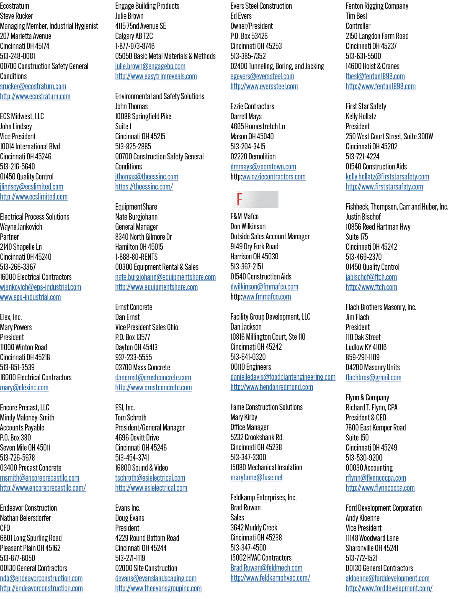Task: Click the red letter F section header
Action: tap(240, 199)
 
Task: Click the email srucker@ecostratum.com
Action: tap(33, 86)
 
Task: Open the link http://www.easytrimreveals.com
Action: tap(156, 76)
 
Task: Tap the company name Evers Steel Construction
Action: tap(261, 6)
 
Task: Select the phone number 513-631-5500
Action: tap(363, 56)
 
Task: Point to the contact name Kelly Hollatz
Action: tap(361, 116)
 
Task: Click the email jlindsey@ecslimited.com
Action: tap(31, 187)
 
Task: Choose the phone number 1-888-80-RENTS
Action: tap(137, 257)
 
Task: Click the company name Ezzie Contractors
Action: tap(252, 106)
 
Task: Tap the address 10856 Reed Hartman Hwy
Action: tap(378, 227)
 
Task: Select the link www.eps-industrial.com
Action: tap(31, 297)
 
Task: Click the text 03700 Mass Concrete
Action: tap(142, 367)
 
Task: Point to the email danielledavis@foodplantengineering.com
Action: tap(283, 377)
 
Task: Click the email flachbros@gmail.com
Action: tap(374, 377)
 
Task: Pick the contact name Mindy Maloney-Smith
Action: tap(27, 417)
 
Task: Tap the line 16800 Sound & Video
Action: tap(142, 468)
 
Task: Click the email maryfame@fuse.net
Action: tap(256, 477)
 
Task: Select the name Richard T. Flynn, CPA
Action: tap(371, 407)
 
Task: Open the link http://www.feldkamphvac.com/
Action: tap(270, 578)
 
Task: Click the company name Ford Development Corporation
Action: tap(384, 508)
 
